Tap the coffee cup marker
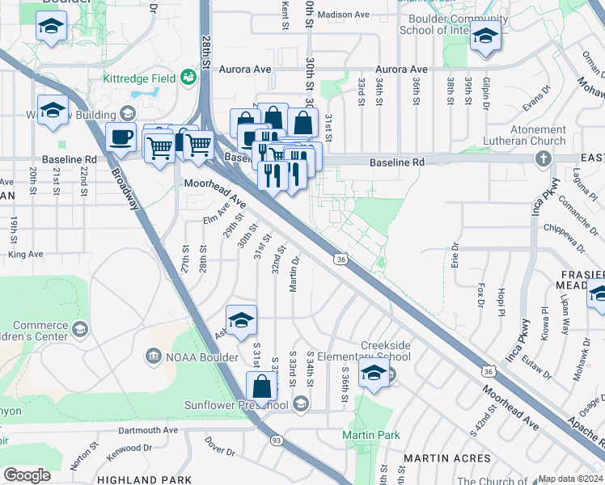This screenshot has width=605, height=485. tap(121, 138)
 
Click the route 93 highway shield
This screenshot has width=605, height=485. tap(277, 441)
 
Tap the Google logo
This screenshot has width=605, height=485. tap(27, 474)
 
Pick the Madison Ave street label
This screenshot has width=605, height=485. tap(343, 15)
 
